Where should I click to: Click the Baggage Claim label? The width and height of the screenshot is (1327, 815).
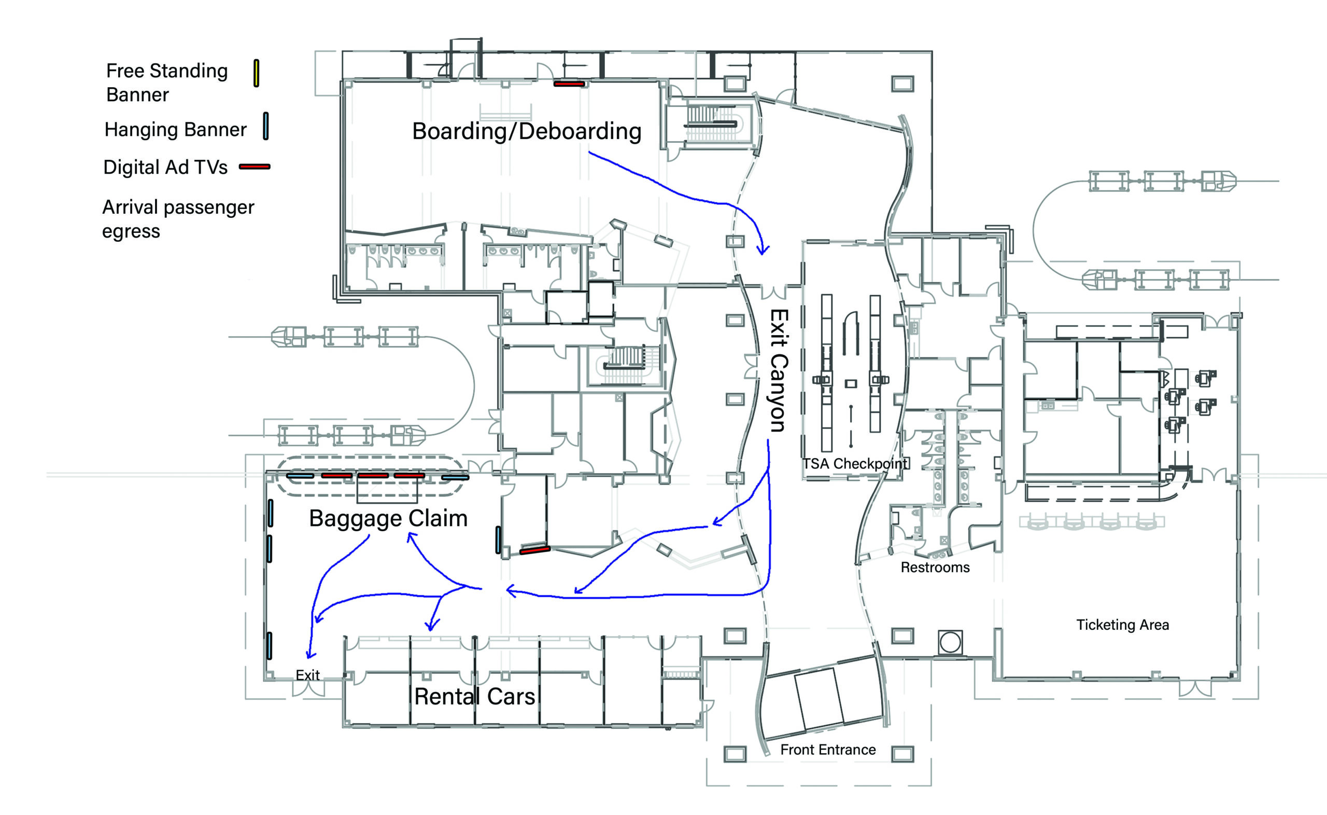(x=388, y=519)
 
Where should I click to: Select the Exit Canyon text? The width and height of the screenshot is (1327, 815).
(x=779, y=370)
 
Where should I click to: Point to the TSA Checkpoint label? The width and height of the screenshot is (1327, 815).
(x=855, y=464)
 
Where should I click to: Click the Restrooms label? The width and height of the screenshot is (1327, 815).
(x=935, y=568)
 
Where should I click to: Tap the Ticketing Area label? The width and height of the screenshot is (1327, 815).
(x=1122, y=625)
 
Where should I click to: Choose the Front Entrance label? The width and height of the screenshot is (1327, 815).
(x=828, y=750)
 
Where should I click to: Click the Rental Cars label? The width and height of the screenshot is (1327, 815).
(x=474, y=696)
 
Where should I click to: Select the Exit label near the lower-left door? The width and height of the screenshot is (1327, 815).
(x=307, y=675)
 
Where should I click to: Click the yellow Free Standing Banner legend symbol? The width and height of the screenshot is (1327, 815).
(x=257, y=73)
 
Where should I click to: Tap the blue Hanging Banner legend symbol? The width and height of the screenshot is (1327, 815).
(x=265, y=126)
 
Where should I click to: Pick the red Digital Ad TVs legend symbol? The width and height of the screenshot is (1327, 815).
(x=255, y=167)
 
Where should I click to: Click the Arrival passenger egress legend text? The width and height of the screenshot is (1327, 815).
(x=178, y=219)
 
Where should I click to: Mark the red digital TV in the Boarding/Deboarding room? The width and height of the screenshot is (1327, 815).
(x=569, y=84)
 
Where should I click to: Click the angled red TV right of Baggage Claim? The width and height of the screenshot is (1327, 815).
(x=534, y=550)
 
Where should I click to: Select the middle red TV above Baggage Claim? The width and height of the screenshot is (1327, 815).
(x=373, y=475)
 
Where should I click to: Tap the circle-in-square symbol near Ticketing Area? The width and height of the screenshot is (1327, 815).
(x=950, y=642)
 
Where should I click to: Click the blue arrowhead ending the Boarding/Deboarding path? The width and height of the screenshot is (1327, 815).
(x=763, y=250)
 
